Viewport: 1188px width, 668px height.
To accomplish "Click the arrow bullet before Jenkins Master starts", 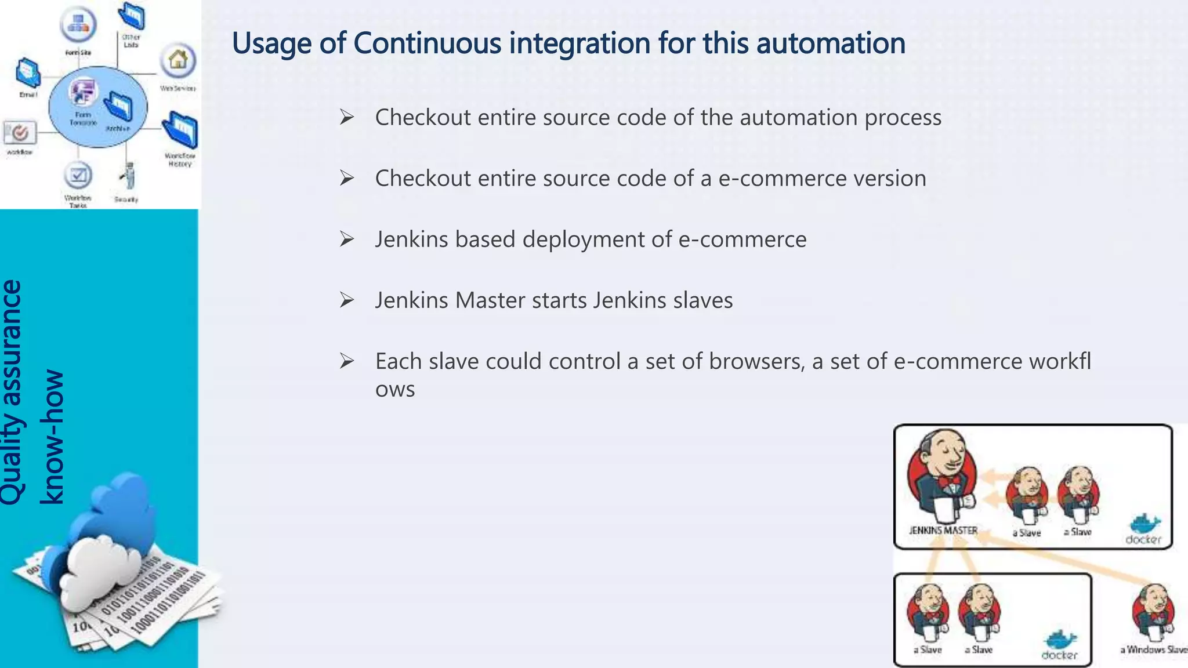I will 347,300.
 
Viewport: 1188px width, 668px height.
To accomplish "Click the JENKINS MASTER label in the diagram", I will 943,530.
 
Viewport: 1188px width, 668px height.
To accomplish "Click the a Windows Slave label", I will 1153,649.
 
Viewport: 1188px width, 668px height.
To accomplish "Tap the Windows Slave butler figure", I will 1153,612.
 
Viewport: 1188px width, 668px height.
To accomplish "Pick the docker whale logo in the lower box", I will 1060,640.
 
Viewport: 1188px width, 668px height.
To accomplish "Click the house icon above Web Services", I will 178,60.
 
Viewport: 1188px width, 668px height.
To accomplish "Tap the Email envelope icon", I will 28,72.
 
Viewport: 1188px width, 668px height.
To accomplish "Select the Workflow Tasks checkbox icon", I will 78,175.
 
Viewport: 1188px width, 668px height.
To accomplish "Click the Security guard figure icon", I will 128,176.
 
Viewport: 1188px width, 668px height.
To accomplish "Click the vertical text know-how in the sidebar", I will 52,436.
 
